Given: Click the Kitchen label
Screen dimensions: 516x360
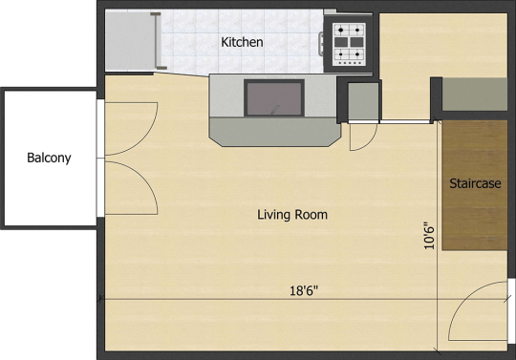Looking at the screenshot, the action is [242, 42].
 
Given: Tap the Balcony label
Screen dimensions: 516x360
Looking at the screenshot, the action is [49, 158].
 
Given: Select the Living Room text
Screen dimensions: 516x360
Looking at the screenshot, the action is [292, 215].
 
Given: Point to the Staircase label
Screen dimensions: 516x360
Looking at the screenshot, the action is [475, 183].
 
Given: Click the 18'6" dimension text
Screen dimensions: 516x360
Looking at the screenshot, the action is [304, 290].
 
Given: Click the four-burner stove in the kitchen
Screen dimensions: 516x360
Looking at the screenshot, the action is [349, 44].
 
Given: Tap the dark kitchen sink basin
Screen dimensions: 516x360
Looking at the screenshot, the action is [274, 98].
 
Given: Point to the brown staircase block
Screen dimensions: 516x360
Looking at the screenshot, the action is [475, 185].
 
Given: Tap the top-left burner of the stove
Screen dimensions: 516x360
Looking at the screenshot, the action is [341, 31].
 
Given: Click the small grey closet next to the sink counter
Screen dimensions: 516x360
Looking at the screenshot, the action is [363, 101].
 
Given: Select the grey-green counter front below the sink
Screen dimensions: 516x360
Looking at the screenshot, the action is [275, 132].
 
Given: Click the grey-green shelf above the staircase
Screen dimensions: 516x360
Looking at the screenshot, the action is [475, 94].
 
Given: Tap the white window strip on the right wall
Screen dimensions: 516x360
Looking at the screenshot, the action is [511, 311].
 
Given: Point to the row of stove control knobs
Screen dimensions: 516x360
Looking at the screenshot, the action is [349, 63].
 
